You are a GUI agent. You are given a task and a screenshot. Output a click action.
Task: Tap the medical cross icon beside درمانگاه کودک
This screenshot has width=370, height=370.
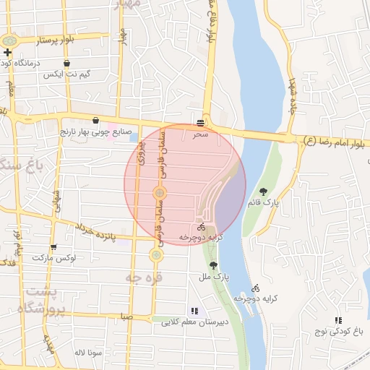coord(8,52)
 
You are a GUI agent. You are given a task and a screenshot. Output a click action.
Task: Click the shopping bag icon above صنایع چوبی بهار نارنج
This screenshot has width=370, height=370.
coord(95,121)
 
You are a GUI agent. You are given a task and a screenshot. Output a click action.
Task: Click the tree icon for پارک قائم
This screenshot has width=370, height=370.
coord(263,191)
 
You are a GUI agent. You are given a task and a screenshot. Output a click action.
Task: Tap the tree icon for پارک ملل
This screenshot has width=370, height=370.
coord(212,265)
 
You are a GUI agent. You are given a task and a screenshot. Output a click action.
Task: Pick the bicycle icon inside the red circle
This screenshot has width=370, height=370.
coord(201,226)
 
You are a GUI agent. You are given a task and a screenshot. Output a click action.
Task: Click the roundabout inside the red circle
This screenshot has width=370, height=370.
coord(160,192)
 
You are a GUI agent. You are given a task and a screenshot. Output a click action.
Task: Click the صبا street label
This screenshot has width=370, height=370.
coord(126,317)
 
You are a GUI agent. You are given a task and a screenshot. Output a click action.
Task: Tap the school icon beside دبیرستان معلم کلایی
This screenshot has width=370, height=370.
coord(193,310)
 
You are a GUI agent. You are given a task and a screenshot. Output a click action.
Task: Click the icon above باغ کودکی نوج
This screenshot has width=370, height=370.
coord(337,320)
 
